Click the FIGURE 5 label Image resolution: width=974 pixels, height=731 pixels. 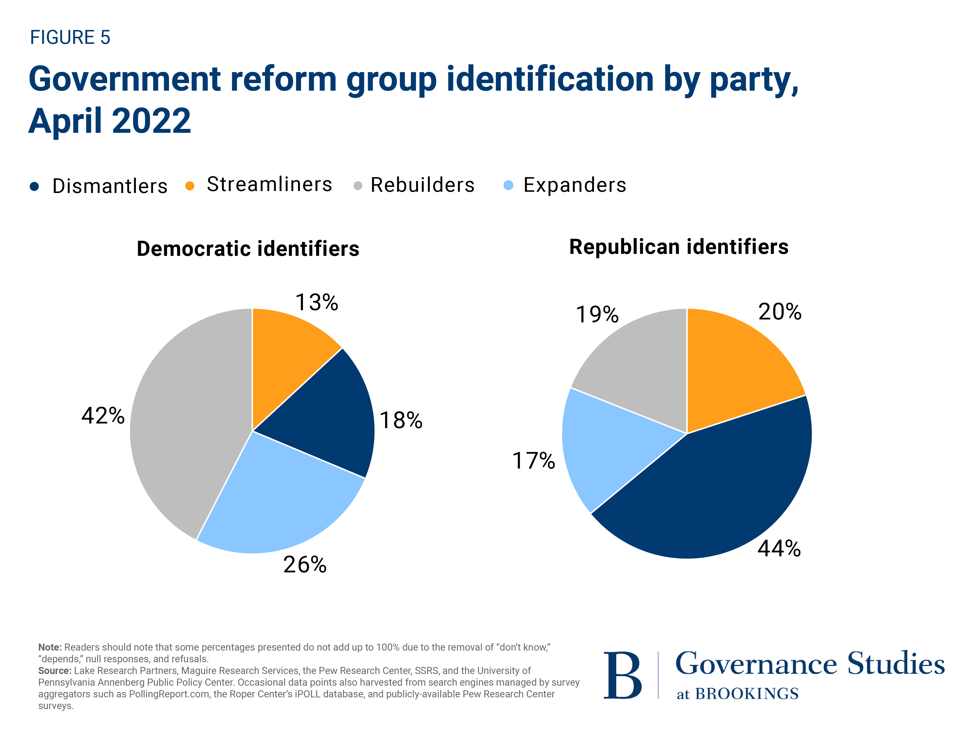[70, 38]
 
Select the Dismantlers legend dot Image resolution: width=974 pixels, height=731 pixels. [34, 186]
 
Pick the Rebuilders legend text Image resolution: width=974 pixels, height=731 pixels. [422, 185]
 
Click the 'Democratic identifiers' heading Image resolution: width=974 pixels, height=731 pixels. [248, 249]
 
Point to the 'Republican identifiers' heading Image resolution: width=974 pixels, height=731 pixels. [679, 247]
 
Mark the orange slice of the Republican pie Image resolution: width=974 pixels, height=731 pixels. [735, 375]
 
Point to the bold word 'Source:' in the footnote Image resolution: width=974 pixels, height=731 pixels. [55, 671]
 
